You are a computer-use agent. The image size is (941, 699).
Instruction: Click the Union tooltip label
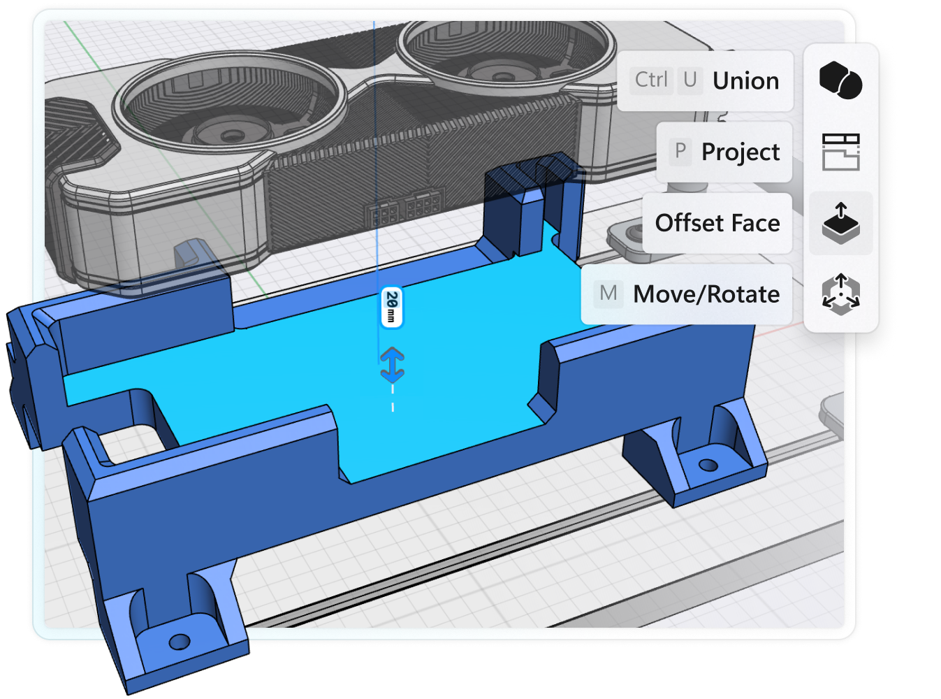click(745, 81)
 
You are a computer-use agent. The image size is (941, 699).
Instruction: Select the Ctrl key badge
click(651, 80)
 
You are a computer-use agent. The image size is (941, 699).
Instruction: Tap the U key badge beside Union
click(690, 80)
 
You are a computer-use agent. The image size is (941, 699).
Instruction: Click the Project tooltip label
click(741, 152)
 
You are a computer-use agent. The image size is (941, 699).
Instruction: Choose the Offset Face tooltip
click(717, 224)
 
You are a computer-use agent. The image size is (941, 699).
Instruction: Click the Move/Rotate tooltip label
click(706, 294)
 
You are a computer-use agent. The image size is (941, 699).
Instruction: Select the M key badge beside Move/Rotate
click(608, 294)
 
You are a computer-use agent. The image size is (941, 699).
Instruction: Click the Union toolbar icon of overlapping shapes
click(840, 80)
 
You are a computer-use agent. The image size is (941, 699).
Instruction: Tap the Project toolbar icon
click(840, 152)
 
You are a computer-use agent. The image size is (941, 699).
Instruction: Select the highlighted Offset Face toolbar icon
click(840, 223)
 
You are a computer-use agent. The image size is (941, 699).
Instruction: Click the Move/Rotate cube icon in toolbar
click(840, 294)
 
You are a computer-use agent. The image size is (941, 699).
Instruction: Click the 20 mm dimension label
click(392, 308)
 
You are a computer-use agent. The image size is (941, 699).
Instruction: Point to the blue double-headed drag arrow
click(392, 365)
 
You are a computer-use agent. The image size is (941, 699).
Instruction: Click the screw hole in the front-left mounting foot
click(180, 640)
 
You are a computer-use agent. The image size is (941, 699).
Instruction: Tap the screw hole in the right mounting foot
click(708, 464)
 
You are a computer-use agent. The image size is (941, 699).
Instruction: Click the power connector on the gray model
click(406, 208)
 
